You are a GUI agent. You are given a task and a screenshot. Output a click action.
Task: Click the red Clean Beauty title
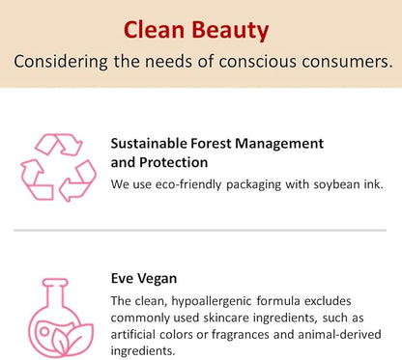(x=196, y=30)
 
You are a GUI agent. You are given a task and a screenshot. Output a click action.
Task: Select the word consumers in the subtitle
(x=348, y=62)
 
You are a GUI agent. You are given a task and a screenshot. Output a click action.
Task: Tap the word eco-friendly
(x=186, y=182)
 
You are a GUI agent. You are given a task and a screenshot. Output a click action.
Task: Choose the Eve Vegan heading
(x=144, y=279)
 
